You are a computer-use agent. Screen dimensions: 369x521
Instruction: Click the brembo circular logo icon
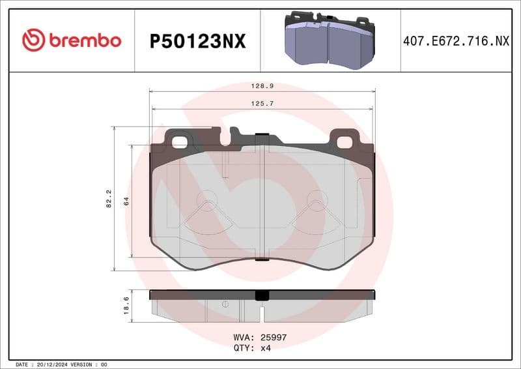point(33,40)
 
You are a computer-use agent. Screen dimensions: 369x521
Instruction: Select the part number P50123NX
point(197,41)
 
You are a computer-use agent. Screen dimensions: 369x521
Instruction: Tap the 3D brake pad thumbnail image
point(330,40)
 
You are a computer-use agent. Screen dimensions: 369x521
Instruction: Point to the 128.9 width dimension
point(262,86)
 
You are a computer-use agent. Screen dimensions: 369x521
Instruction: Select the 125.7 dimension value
point(262,103)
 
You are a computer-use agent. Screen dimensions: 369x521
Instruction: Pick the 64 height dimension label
point(127,201)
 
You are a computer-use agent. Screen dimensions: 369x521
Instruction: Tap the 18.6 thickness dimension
point(127,305)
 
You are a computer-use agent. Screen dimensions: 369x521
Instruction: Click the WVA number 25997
point(274,338)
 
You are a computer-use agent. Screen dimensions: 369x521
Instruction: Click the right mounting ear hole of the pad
point(343,140)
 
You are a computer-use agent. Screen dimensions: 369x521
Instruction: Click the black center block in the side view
point(262,295)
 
